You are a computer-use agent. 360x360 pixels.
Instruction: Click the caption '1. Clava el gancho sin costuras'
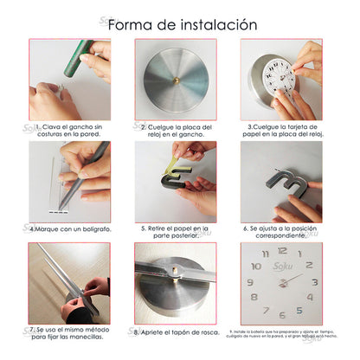click(68, 130)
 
